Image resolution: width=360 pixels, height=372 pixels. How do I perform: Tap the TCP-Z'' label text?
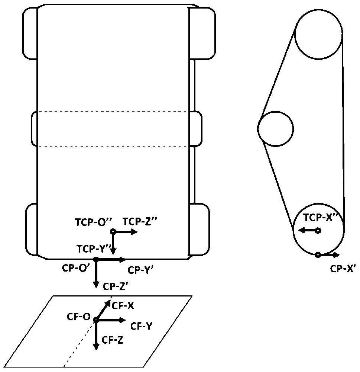point(140,221)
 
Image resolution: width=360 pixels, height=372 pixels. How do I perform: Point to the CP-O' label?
point(75,268)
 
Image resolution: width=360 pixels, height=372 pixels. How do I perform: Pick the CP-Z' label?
point(116,286)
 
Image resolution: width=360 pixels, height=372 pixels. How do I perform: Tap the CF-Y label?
point(141,326)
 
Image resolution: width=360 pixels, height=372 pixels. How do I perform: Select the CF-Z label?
point(112,340)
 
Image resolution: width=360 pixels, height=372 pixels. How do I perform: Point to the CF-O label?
point(79,317)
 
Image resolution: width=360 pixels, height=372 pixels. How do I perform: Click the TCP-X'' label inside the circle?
point(320,218)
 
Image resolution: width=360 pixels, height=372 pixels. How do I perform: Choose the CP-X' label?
point(342,269)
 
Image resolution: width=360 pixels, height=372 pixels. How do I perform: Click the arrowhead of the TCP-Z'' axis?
point(134,231)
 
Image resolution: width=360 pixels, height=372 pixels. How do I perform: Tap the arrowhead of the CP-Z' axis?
point(96,284)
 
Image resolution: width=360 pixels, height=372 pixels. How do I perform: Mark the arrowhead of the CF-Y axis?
point(122,320)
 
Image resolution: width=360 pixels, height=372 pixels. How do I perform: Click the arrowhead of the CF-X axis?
point(108,302)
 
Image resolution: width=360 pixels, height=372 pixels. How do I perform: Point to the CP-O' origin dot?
point(96,260)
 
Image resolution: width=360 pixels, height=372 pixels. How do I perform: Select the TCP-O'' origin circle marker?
point(113,231)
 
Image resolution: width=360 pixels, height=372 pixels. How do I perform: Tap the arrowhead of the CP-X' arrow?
point(337,255)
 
